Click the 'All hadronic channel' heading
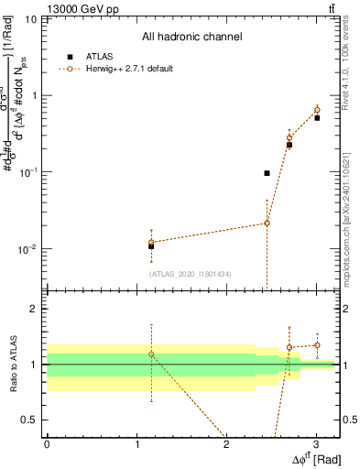pyautogui.click(x=192, y=38)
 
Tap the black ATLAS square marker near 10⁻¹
pyautogui.click(x=267, y=173)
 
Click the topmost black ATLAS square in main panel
pyautogui.click(x=317, y=118)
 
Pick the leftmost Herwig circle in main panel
pyautogui.click(x=151, y=242)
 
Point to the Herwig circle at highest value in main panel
pyautogui.click(x=317, y=111)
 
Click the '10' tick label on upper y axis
pyautogui.click(x=30, y=19)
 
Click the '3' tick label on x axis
pyautogui.click(x=315, y=444)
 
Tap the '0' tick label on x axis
pyautogui.click(x=47, y=444)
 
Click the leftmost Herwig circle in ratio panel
pyautogui.click(x=151, y=354)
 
